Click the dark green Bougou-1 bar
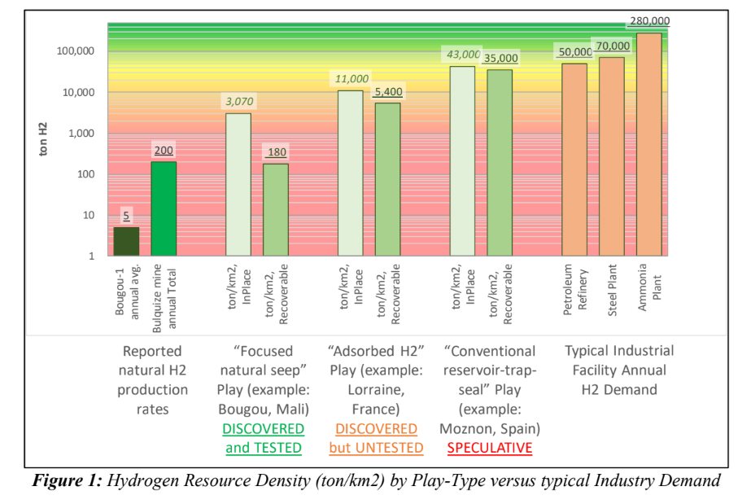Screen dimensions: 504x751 tap(126, 242)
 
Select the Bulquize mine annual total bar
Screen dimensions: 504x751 tap(164, 209)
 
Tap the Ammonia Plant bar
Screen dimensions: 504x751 tap(648, 145)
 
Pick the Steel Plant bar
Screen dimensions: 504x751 tap(612, 157)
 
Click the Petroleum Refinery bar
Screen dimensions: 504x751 tap(574, 160)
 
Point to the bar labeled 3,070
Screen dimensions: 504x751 tap(238, 185)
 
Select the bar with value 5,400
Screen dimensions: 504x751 tap(387, 180)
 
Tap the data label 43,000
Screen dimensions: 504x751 tap(463, 55)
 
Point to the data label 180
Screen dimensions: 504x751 tap(276, 152)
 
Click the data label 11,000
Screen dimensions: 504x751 tap(351, 79)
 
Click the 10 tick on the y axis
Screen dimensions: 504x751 tap(90, 216)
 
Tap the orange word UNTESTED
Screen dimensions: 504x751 tap(391, 448)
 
